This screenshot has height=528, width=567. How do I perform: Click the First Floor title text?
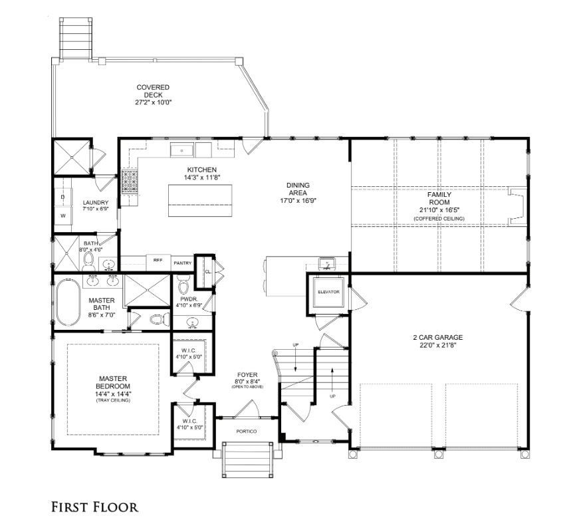94,507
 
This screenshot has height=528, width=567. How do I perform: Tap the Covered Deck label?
153,91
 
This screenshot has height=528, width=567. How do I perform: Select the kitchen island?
200,201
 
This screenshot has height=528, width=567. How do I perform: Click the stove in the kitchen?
130,182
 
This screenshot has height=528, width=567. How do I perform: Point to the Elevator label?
329,292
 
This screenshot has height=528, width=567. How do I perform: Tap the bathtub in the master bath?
68,303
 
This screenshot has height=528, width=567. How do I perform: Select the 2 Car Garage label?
438,337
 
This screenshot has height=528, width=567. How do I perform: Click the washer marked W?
63,216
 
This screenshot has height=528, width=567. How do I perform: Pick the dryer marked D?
63,197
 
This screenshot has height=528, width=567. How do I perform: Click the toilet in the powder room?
184,285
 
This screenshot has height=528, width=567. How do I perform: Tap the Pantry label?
183,263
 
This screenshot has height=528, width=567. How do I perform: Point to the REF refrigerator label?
158,260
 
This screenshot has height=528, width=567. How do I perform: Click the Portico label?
247,432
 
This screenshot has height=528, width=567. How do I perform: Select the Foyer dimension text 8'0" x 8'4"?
247,381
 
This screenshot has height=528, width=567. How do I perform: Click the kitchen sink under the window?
182,150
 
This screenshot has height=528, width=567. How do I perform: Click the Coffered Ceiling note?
439,219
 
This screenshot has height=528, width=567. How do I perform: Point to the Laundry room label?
96,203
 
